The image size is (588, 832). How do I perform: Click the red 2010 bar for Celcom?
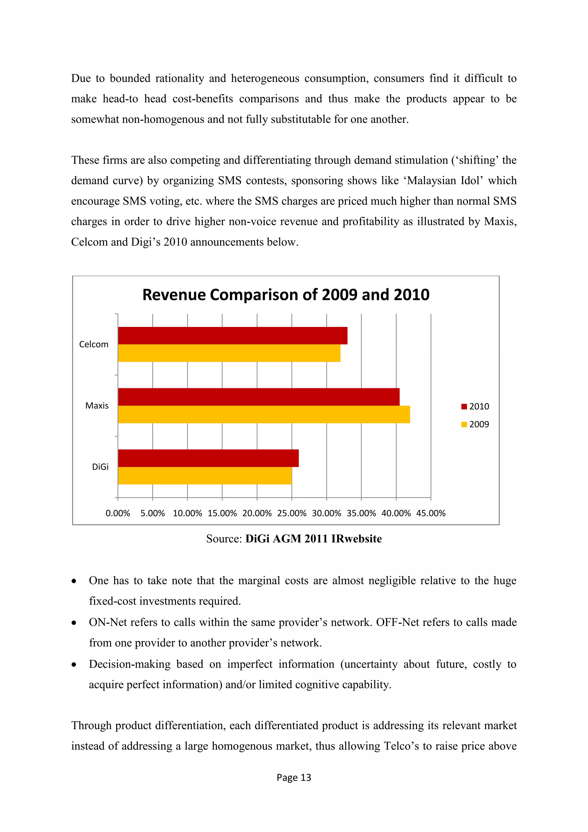click(233, 336)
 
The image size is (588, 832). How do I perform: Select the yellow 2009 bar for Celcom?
click(229, 353)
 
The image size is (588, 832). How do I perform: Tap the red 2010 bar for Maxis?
click(258, 397)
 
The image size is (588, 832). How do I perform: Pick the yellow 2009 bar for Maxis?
click(264, 414)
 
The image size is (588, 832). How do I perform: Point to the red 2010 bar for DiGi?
click(208, 458)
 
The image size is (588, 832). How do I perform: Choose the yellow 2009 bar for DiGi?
click(205, 475)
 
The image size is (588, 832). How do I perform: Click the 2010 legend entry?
click(475, 407)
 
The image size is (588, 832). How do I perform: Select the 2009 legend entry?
click(475, 424)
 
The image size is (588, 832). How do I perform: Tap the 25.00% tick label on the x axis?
click(291, 513)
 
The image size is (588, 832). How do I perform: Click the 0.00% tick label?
click(118, 513)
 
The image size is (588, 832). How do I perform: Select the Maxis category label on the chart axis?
click(97, 405)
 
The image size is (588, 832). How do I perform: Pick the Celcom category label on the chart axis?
click(94, 344)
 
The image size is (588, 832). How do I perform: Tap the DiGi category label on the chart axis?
click(100, 467)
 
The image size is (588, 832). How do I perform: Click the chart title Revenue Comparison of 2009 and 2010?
click(286, 294)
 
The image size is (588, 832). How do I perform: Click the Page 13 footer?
click(294, 777)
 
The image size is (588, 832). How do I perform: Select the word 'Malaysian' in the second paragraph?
click(431, 180)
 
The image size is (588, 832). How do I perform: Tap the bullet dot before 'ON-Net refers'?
click(74, 623)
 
